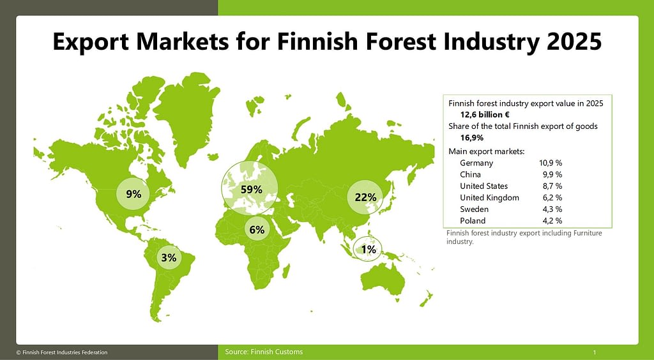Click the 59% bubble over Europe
pos(250,188)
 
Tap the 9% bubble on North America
pos(134,193)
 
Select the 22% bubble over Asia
pos(365,197)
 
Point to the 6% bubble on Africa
pos(257,229)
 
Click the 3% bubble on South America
pos(169,257)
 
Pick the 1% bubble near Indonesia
pos(367,249)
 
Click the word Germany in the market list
pos(476,163)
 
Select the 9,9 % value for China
pos(551,174)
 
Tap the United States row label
pos(484,186)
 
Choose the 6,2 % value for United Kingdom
pos(551,197)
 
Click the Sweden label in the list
pos(474,209)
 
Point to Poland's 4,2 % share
pos(551,220)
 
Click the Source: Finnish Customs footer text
pos(264,352)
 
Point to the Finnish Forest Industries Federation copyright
pos(62,352)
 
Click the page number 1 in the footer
pos(595,352)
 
